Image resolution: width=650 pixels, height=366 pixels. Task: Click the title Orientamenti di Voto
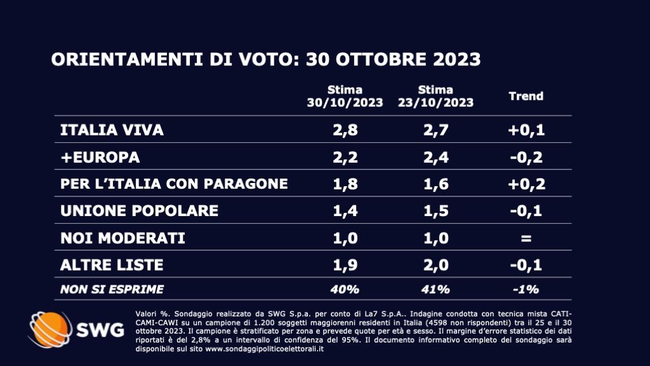(x=265, y=60)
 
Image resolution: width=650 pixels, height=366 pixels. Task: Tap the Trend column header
(x=526, y=97)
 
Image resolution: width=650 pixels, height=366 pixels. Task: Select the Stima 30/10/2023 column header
(x=345, y=97)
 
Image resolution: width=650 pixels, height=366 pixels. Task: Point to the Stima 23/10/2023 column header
(x=435, y=97)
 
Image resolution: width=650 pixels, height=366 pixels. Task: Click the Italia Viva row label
(x=112, y=130)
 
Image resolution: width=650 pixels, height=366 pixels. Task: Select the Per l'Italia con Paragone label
(x=174, y=184)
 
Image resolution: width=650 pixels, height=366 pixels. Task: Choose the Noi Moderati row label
(x=122, y=238)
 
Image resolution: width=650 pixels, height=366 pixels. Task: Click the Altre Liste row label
(x=112, y=264)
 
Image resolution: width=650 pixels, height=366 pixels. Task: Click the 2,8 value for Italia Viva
(x=345, y=130)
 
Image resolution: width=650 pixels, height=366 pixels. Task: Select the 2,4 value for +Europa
(x=435, y=157)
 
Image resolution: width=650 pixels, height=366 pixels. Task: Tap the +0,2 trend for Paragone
(x=526, y=184)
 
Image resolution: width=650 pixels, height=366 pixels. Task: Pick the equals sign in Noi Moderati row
(x=526, y=238)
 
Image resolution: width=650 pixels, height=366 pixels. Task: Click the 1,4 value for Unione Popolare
(x=345, y=210)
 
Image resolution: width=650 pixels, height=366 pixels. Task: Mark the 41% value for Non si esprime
(x=435, y=290)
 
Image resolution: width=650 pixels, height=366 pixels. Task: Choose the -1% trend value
(x=526, y=290)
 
